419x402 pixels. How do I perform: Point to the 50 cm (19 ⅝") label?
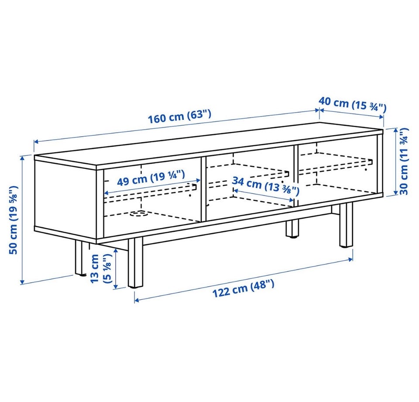[14, 220]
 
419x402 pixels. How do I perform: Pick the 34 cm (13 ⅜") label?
[265, 185]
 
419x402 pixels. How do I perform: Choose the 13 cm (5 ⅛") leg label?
[100, 268]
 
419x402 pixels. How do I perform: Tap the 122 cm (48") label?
[243, 288]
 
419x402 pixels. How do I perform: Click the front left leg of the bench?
[135, 263]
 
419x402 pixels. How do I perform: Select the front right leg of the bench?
[346, 225]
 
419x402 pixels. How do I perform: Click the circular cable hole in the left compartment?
[138, 213]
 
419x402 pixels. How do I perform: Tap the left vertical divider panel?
[203, 189]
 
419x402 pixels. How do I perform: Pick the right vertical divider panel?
[296, 175]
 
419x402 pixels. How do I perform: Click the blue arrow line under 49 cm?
[152, 186]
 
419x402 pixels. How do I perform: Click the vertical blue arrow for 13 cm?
[116, 268]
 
